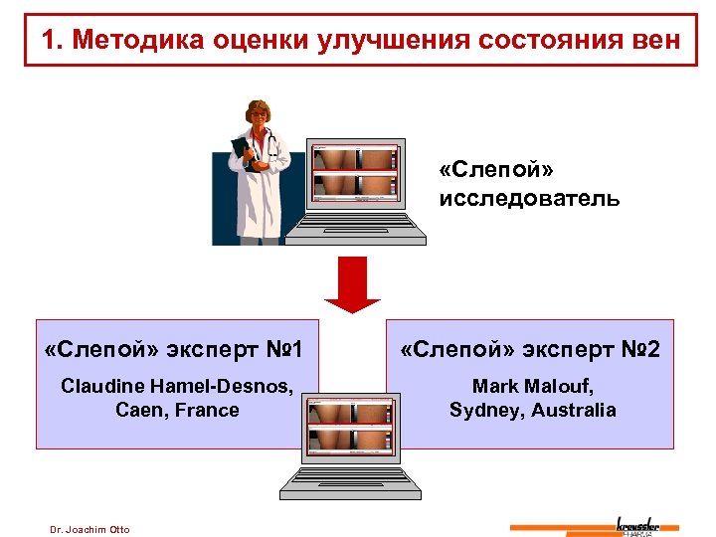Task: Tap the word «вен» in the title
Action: pyautogui.click(x=650, y=40)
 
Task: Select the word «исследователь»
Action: pyautogui.click(x=529, y=199)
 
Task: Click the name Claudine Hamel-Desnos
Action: pyautogui.click(x=177, y=386)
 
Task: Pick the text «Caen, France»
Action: pyautogui.click(x=177, y=410)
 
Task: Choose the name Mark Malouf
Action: pyautogui.click(x=532, y=386)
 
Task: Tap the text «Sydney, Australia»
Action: pyautogui.click(x=532, y=410)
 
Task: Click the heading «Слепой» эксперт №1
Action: pyautogui.click(x=174, y=350)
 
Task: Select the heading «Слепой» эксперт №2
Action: pyautogui.click(x=529, y=350)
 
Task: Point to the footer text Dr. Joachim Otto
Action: pyautogui.click(x=89, y=529)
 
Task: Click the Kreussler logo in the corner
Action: pyautogui.click(x=646, y=525)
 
